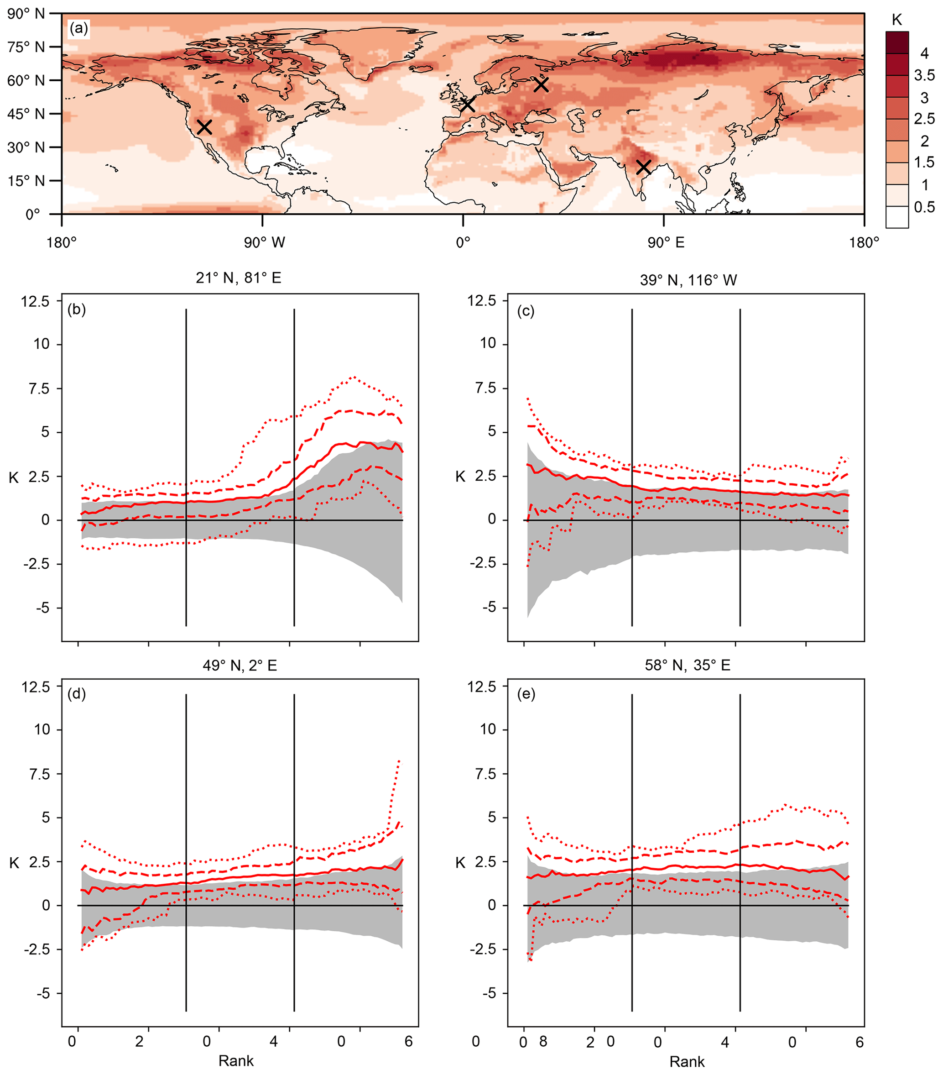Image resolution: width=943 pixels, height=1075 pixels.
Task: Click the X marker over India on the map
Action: click(643, 167)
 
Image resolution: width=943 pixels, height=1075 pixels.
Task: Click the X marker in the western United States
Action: click(204, 127)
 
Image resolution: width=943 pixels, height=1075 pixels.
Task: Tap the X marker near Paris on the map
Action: click(467, 105)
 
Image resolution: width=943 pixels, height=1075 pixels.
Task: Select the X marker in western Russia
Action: click(541, 84)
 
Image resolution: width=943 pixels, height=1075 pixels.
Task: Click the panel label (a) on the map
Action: click(78, 28)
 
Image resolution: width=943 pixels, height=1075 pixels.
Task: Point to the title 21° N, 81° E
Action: click(239, 278)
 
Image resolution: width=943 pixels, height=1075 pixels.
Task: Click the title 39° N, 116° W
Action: click(688, 280)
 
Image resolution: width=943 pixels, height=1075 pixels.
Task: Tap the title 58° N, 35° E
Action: click(688, 665)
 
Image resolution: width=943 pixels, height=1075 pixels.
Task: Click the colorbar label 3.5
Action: click(924, 75)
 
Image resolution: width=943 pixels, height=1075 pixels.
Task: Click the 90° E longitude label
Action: click(666, 242)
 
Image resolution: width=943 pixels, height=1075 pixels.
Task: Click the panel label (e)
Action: click(526, 694)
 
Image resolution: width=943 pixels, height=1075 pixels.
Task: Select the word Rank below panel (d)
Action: click(236, 1060)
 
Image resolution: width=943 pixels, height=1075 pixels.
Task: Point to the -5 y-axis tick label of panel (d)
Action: click(39, 993)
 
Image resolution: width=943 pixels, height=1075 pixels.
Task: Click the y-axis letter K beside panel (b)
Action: click(14, 477)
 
